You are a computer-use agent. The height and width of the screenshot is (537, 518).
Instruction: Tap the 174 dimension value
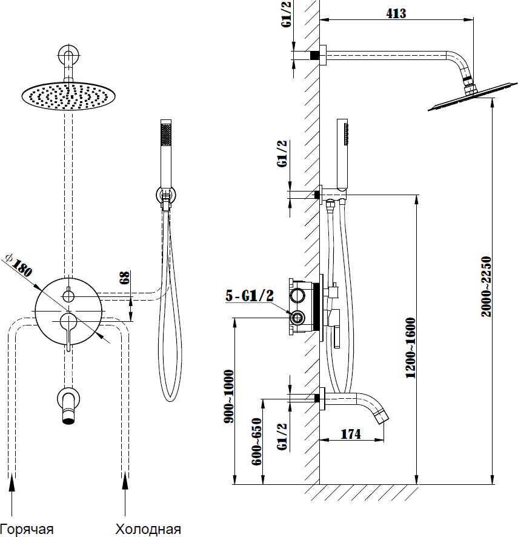point(350,434)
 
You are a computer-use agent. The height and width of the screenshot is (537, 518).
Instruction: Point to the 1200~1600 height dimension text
point(411,348)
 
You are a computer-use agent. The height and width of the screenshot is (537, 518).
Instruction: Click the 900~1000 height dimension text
point(229,396)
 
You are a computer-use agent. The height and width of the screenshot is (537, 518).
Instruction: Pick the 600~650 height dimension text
point(256,442)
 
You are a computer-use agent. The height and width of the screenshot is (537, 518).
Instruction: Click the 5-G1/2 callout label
point(250,296)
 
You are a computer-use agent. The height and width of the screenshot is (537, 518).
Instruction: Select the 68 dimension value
point(124,278)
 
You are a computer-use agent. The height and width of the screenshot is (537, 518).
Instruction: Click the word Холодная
point(148,529)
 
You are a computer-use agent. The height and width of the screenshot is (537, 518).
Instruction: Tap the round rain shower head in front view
point(68,97)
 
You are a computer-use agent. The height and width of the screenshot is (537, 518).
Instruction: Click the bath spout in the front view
point(68,406)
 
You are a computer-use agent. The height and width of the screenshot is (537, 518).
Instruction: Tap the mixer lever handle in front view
point(68,330)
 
